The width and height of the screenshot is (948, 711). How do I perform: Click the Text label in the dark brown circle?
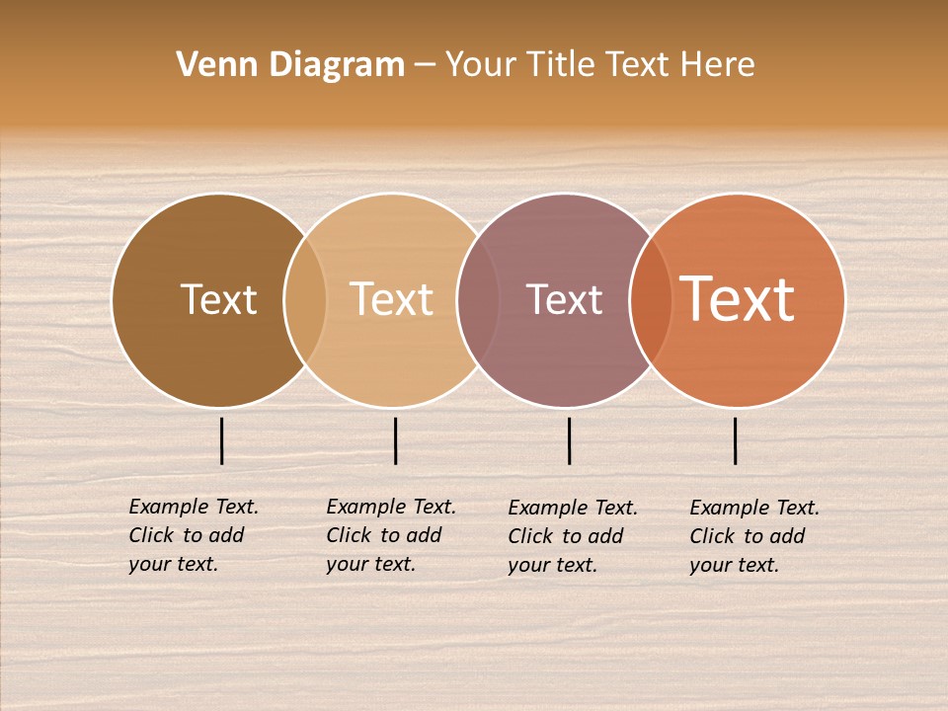tap(218, 299)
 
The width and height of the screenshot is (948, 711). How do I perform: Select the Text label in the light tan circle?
tap(391, 299)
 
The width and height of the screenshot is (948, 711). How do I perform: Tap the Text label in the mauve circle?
tap(564, 299)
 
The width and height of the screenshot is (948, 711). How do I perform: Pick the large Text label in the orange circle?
tap(738, 299)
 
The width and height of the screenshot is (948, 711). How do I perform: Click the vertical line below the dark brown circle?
tap(222, 440)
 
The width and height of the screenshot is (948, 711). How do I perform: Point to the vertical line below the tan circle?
tap(395, 440)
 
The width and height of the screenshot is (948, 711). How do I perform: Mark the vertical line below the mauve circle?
tap(570, 440)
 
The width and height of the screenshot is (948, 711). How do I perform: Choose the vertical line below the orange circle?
tap(736, 440)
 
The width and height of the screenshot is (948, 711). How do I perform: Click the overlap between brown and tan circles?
tap(305, 300)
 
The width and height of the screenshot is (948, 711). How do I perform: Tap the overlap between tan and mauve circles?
tap(478, 300)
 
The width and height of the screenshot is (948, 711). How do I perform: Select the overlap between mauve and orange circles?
tap(651, 300)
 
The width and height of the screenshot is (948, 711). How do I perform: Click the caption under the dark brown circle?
tap(193, 535)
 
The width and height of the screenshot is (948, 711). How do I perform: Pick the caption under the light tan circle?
tap(390, 535)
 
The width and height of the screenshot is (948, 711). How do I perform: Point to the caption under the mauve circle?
tap(572, 536)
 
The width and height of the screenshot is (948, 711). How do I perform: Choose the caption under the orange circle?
tap(753, 536)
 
